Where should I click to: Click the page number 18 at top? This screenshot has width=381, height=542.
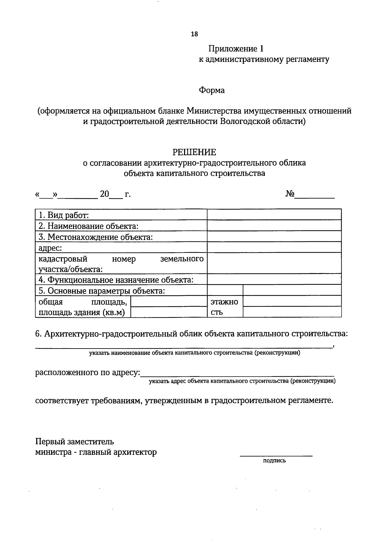coord(194,34)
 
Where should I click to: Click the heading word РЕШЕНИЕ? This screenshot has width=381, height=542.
coord(194,152)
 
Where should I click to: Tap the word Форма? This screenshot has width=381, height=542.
coord(212,90)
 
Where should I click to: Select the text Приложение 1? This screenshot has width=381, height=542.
coord(236,49)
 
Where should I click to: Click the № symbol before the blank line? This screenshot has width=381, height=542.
coord(290,194)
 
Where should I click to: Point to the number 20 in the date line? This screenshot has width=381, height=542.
coord(104,194)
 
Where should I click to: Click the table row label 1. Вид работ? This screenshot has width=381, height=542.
coord(63,215)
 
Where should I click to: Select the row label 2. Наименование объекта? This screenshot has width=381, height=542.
coord(89,226)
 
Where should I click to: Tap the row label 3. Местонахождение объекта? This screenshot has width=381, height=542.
coord(96,237)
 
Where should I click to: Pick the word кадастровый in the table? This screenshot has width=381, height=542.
coord(63,259)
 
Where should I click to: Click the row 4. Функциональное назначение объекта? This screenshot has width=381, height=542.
coord(116,280)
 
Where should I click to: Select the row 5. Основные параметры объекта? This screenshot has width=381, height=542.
coord(102,291)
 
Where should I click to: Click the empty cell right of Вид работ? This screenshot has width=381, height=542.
coord(274,215)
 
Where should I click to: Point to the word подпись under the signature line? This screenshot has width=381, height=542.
coord(275,460)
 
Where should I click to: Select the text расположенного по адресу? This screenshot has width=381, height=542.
coord(88,372)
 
